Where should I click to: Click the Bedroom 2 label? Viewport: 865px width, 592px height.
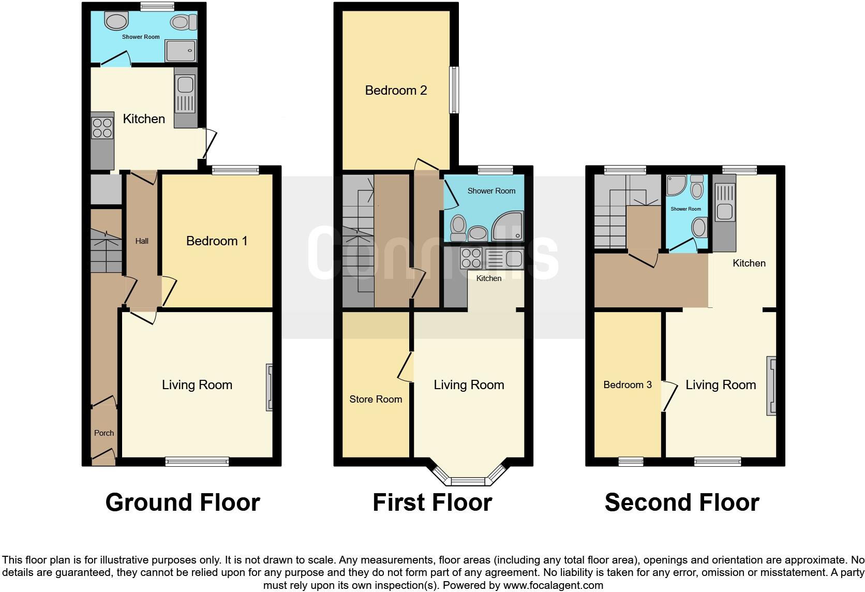click(x=396, y=91)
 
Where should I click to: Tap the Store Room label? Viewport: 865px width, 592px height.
click(x=376, y=399)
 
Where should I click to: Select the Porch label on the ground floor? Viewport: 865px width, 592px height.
click(x=104, y=433)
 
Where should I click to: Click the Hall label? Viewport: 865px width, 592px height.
click(x=142, y=241)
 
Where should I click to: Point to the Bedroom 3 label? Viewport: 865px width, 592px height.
click(x=628, y=384)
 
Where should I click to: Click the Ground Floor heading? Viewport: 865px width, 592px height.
click(x=183, y=502)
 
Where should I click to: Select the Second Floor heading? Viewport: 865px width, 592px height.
click(x=682, y=502)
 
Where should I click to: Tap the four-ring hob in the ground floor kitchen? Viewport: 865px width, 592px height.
click(x=102, y=128)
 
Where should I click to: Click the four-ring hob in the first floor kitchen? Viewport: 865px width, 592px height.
click(x=471, y=258)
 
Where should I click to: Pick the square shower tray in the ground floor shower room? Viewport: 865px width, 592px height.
click(x=181, y=51)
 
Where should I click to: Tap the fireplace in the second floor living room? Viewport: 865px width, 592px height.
click(x=771, y=386)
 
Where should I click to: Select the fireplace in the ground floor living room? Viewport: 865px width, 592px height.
click(x=269, y=388)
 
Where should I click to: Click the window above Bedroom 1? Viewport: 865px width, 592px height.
click(x=235, y=170)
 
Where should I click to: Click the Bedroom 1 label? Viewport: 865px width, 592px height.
click(x=217, y=241)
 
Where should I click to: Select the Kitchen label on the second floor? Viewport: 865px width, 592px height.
click(x=749, y=263)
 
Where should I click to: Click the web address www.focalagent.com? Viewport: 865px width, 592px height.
click(x=553, y=585)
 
